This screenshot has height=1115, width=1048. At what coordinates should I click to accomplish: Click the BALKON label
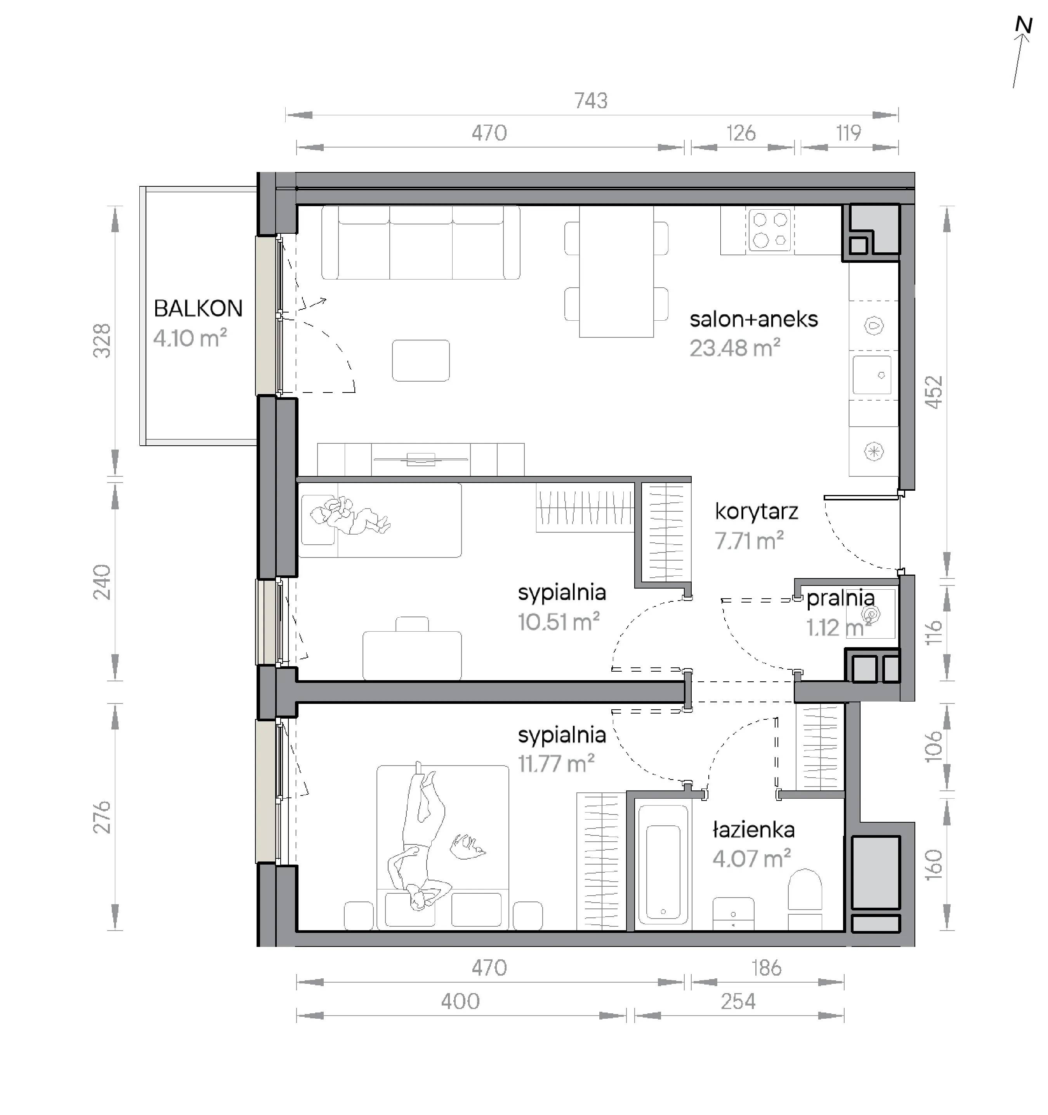tap(198, 309)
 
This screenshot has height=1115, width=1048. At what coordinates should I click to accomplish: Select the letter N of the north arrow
tap(1024, 25)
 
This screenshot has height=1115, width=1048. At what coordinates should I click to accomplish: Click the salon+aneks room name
tap(754, 319)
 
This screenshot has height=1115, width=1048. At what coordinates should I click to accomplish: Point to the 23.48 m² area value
tap(734, 348)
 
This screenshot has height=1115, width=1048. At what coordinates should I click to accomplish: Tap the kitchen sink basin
tap(872, 375)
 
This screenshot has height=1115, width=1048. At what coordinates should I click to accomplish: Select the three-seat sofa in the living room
tap(420, 242)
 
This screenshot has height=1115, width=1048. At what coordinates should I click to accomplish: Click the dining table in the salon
tap(616, 271)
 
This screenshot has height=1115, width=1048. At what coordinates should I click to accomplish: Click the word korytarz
tap(757, 512)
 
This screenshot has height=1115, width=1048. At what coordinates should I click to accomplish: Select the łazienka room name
tap(754, 830)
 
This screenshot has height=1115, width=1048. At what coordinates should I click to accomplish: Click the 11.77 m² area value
tap(556, 764)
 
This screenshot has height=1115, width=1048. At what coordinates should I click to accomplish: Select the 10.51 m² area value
tap(559, 622)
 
